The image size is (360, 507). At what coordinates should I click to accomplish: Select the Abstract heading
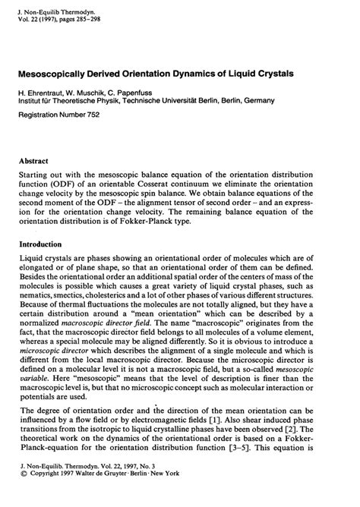pyautogui.click(x=34, y=162)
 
